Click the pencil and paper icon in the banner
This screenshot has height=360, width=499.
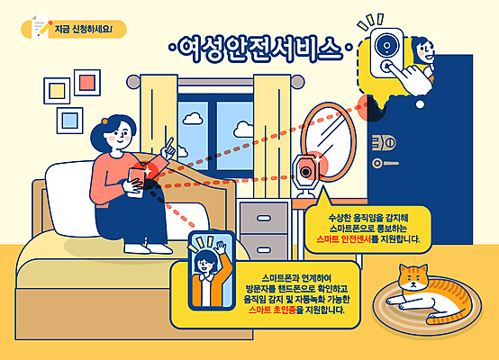pos(40,26)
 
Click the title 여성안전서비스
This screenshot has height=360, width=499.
pos(254,47)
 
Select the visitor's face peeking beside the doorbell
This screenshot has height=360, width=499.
pos(430,44)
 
